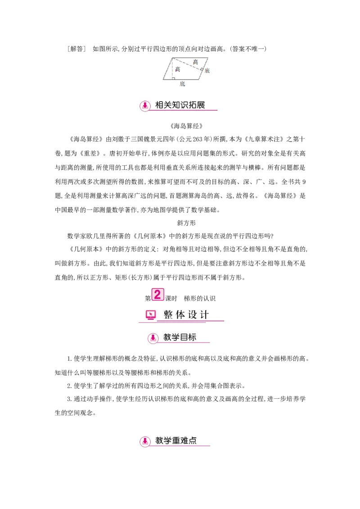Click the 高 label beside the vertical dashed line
coord(178,69)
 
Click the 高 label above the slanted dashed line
coord(195,62)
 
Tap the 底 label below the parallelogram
coord(182,84)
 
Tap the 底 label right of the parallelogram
coord(207,71)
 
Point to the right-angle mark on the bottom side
coord(173,78)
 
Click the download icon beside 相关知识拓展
coord(145,106)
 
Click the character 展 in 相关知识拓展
coord(200,105)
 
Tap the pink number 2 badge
coord(157,295)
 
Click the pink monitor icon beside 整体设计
coord(151,315)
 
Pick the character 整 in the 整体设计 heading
coord(168,315)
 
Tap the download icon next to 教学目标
coord(153,338)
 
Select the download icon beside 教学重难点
coord(145,441)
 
